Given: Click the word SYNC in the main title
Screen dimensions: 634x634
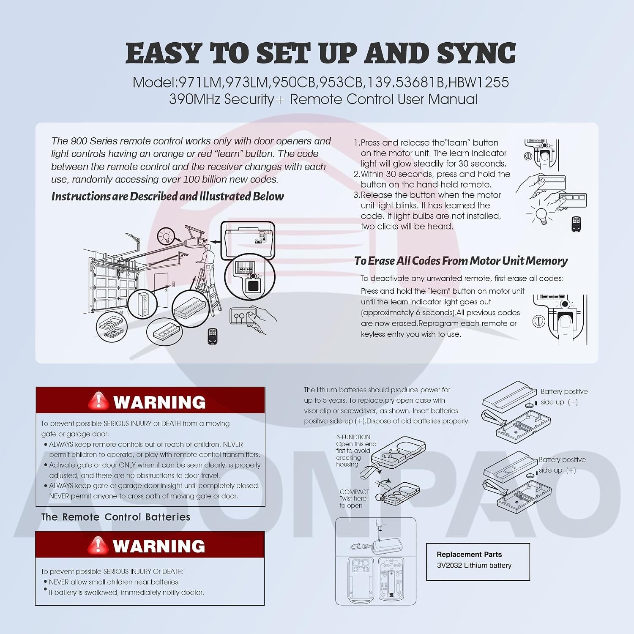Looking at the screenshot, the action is point(476,53).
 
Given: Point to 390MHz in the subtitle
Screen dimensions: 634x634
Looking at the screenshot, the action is point(195,99).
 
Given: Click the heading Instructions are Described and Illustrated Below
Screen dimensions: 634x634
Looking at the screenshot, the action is point(167,197).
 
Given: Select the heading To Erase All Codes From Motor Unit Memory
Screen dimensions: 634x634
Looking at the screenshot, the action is point(461,261).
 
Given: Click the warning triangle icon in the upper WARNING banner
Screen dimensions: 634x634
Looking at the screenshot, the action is point(98,401).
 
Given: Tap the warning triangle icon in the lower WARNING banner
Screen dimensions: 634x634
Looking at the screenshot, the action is point(98,545).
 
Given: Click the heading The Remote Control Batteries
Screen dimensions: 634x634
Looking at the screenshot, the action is point(116,517).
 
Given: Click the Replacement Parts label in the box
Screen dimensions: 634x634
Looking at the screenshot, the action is point(469,555).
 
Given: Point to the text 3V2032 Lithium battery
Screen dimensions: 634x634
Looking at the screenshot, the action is point(474,566).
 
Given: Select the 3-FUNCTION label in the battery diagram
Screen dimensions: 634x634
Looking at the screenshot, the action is point(353,437).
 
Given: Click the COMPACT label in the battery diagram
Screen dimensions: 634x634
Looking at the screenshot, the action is point(354,492).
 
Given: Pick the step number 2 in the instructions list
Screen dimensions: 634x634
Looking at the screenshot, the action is point(357,174).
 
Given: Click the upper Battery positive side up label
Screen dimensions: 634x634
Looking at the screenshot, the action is point(564,397).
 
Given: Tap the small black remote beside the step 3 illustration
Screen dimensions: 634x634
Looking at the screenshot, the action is point(576,224).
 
